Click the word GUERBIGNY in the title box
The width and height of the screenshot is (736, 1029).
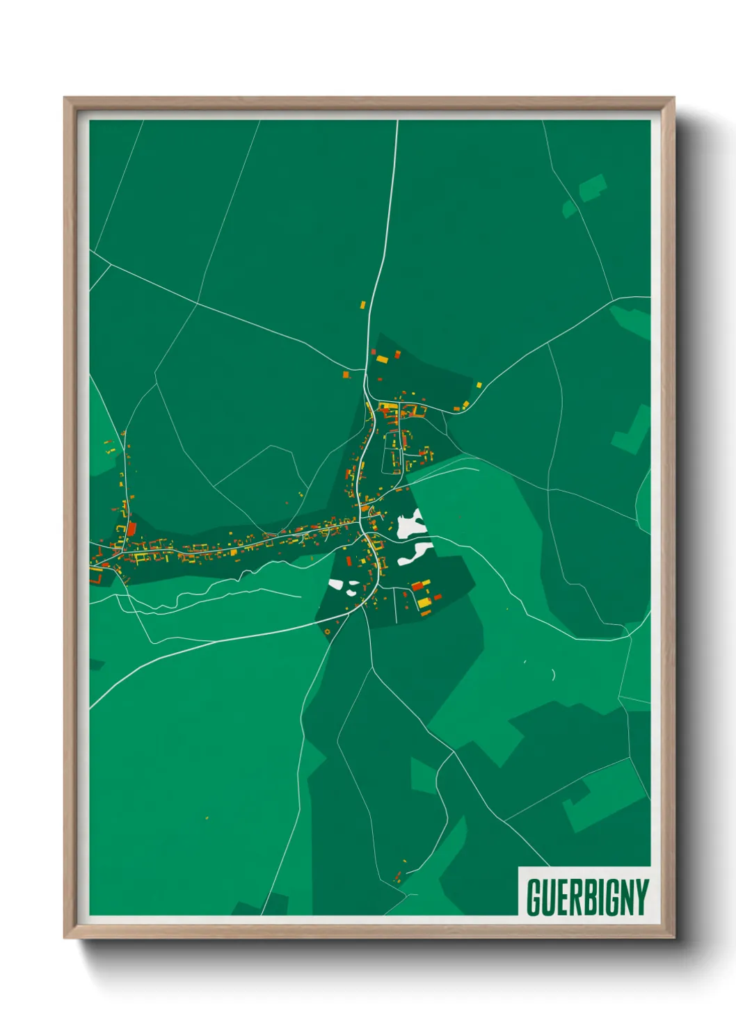coord(587,898)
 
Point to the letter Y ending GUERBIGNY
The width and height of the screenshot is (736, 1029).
coord(641,898)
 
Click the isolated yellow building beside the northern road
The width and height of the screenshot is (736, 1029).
coord(363,305)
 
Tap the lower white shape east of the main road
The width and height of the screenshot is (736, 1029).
coord(415,553)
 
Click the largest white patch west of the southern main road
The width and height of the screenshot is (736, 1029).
coord(337,585)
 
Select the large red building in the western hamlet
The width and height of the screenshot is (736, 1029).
coord(131,529)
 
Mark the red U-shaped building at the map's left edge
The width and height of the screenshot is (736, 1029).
coord(96,576)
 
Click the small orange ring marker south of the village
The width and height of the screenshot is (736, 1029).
coord(327,631)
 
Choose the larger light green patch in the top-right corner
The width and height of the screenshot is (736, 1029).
coord(592,187)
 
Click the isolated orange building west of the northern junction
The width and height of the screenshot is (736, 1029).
coord(346,375)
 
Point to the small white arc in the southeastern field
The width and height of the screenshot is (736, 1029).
coord(554,674)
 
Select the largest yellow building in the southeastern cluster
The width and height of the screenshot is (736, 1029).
coord(424,602)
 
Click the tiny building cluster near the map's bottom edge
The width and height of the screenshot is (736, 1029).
coord(399,876)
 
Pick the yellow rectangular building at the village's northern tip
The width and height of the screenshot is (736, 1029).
coord(381,359)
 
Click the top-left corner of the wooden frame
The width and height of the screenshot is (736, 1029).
coord(65,98)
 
